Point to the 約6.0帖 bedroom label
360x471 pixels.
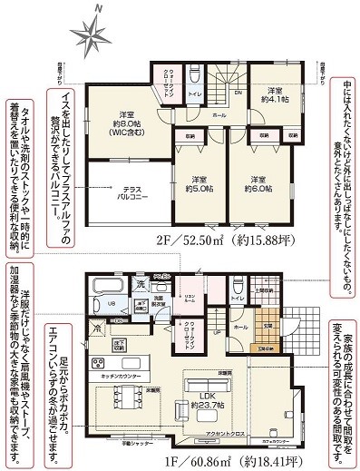258,183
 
